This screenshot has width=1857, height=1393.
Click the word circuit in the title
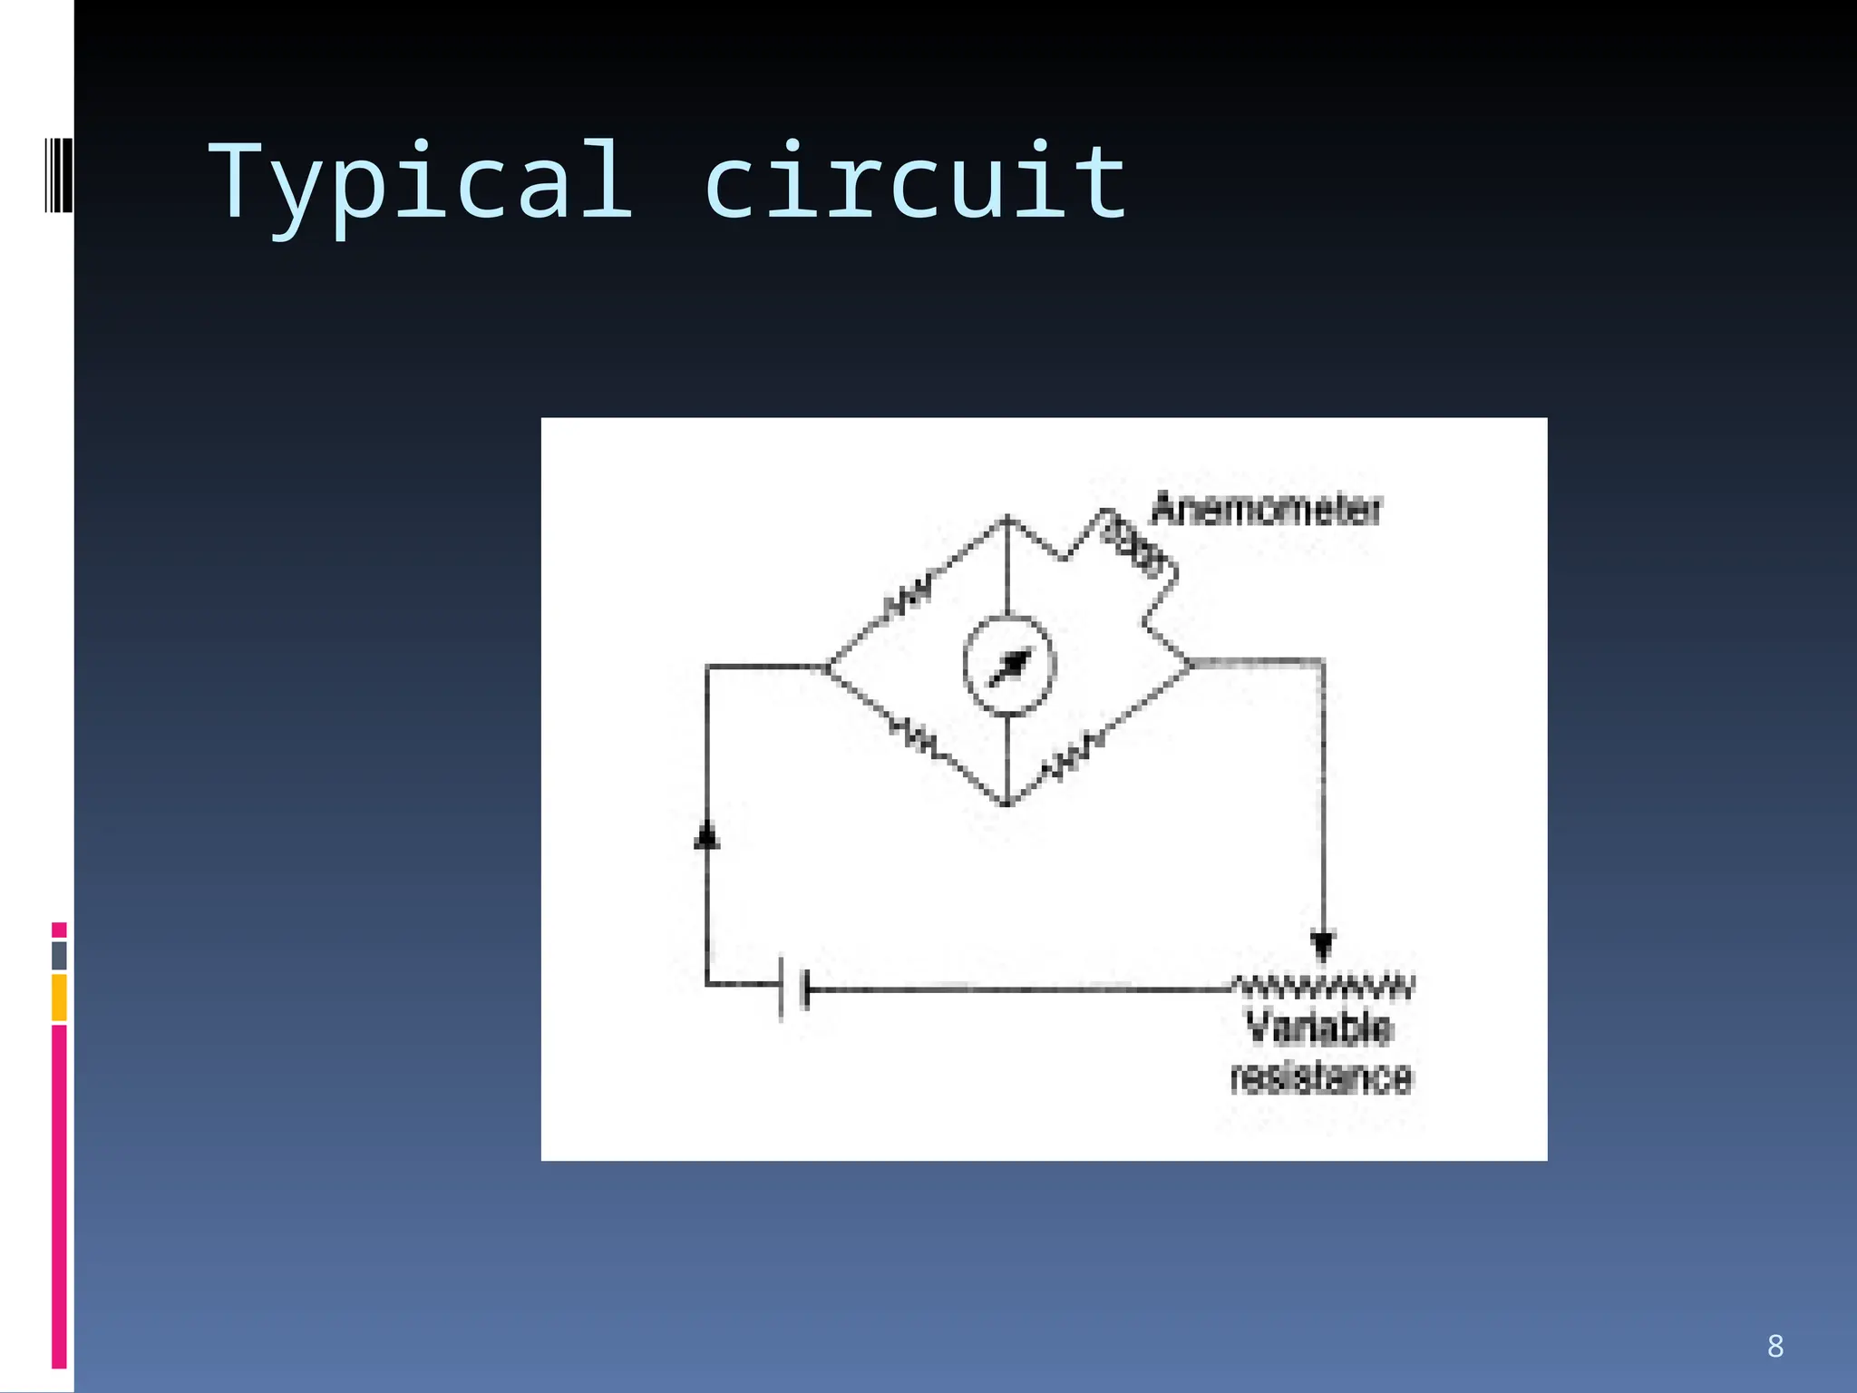pyautogui.click(x=916, y=181)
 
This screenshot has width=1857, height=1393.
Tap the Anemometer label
pyautogui.click(x=1266, y=510)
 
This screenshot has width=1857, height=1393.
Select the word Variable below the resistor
pyautogui.click(x=1317, y=1028)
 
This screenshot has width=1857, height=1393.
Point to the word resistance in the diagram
pyautogui.click(x=1321, y=1078)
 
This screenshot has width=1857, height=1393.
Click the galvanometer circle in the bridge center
pyautogui.click(x=1009, y=666)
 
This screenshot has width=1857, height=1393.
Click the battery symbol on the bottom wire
pyautogui.click(x=793, y=989)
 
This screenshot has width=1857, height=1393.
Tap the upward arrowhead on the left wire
pyautogui.click(x=707, y=834)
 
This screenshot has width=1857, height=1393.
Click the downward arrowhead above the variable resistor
pyautogui.click(x=1323, y=946)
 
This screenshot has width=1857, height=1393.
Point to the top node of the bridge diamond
pyautogui.click(x=1006, y=519)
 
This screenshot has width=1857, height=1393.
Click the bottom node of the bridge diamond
pyautogui.click(x=1006, y=804)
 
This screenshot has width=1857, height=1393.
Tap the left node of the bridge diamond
pyautogui.click(x=827, y=667)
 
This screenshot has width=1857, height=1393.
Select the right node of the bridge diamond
pyautogui.click(x=1190, y=664)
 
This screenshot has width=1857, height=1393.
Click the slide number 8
pyautogui.click(x=1774, y=1346)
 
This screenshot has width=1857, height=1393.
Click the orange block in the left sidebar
pyautogui.click(x=59, y=997)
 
